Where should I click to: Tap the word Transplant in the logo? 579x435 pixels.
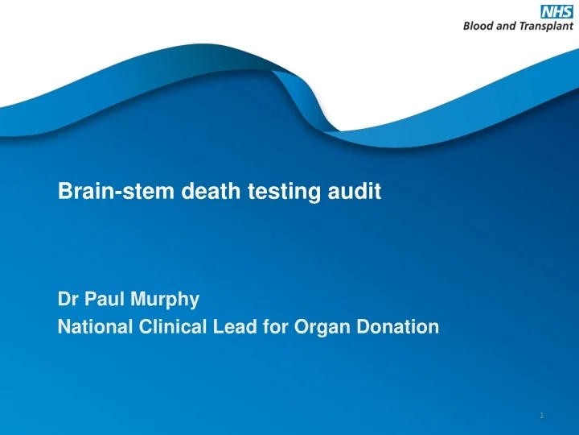coord(544,25)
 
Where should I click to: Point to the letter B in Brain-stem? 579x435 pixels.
coord(64,192)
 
